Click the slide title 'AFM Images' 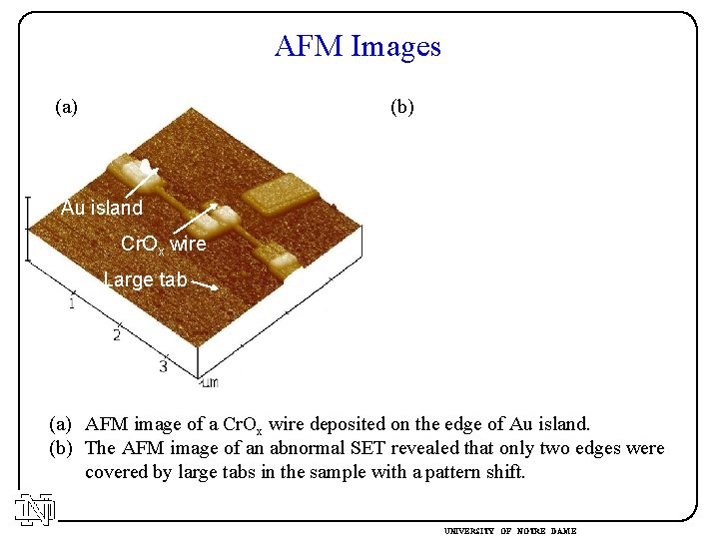coord(358,46)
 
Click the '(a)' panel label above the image coord(67,106)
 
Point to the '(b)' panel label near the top coord(401,106)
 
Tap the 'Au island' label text coord(102,208)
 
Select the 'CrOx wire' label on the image coord(163,244)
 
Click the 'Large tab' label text coord(145,279)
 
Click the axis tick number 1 coord(72,302)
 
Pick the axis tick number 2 coord(117,334)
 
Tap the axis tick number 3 coord(163,366)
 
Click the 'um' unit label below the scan coord(209,382)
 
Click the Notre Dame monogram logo coord(34,510)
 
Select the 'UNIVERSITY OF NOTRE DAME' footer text coord(510,531)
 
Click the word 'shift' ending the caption coord(502,472)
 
